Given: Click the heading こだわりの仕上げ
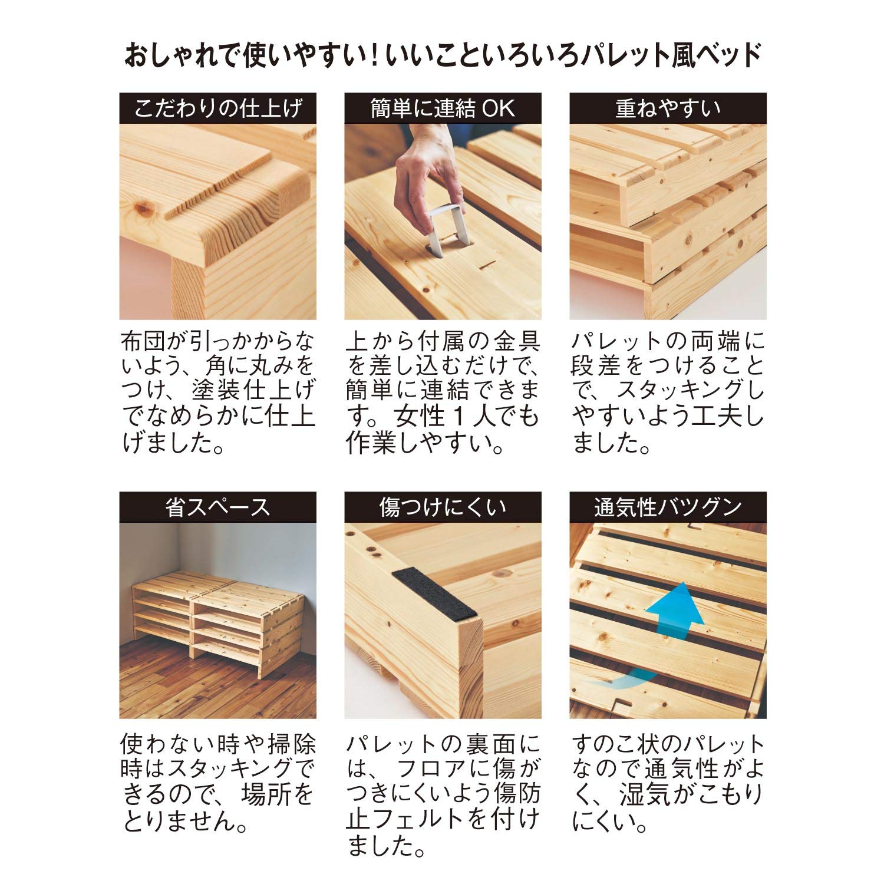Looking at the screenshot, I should point(217,108).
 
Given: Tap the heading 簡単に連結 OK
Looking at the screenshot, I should point(443,108).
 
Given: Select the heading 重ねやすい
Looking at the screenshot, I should point(668,108).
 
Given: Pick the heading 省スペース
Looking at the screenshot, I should point(217,507).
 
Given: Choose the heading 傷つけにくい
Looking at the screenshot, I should point(443,507).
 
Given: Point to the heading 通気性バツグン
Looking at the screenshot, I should point(668,507).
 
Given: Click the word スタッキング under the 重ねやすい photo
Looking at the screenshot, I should point(678,391).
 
